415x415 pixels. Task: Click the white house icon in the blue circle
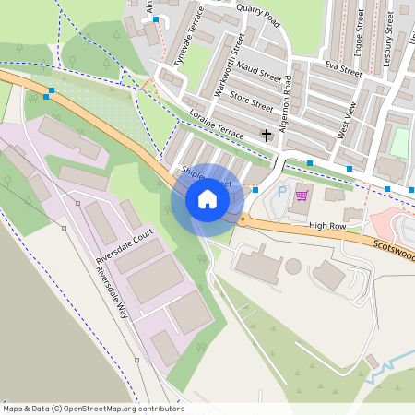(x=207, y=199)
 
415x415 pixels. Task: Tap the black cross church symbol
(x=267, y=136)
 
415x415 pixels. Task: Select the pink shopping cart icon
(x=302, y=195)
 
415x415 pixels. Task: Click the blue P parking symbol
(x=282, y=192)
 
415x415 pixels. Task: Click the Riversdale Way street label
(x=109, y=294)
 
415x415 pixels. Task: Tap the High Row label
(x=326, y=225)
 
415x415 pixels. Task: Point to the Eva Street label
(x=343, y=68)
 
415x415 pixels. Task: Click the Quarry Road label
(x=257, y=15)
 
